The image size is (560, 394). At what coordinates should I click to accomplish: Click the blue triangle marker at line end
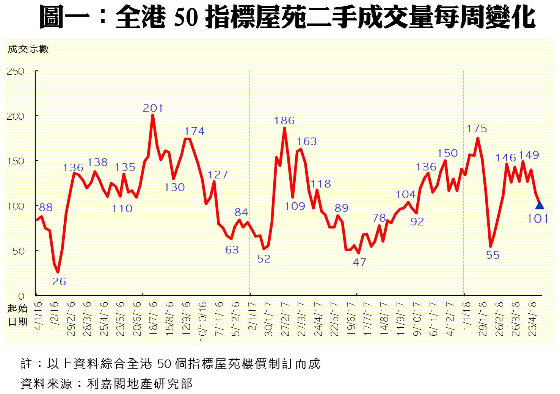[x=540, y=205]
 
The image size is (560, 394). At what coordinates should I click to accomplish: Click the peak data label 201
[x=153, y=108]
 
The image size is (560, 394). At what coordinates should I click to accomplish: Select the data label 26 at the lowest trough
[x=59, y=281]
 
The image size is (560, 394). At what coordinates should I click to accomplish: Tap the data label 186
[x=284, y=121]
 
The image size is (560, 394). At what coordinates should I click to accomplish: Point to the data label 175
[x=477, y=129]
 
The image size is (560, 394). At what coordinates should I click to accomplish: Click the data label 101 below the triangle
[x=538, y=219]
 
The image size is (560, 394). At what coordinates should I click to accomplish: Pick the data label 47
[x=359, y=262]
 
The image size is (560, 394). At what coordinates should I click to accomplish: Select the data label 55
[x=493, y=255]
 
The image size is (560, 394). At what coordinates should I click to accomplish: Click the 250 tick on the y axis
[x=16, y=71]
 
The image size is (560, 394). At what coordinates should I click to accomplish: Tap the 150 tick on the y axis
[x=16, y=161]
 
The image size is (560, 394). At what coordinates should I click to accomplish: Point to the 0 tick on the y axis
[x=21, y=296]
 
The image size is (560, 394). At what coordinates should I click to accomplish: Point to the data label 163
[x=306, y=142]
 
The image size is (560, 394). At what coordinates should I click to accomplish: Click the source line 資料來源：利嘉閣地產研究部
[x=106, y=383]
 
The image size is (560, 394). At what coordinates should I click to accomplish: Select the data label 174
[x=194, y=131]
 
